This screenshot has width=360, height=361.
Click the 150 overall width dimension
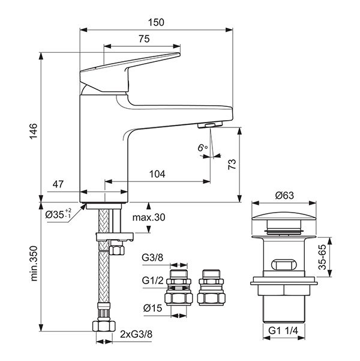pyautogui.click(x=156, y=23)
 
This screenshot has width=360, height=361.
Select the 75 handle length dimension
pyautogui.click(x=144, y=39)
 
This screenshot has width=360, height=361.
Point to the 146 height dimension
pyautogui.click(x=34, y=131)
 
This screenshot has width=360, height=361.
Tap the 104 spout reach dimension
pyautogui.click(x=157, y=174)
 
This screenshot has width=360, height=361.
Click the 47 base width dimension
pyautogui.click(x=58, y=184)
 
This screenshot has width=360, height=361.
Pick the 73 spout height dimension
pyautogui.click(x=232, y=165)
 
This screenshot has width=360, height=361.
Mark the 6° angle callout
pyautogui.click(x=202, y=148)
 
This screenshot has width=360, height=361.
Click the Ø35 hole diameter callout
pyautogui.click(x=58, y=214)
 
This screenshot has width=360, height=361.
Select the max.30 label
pyautogui.click(x=149, y=217)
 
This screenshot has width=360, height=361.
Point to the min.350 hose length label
pyautogui.click(x=34, y=264)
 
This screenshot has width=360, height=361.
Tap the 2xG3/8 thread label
pyautogui.click(x=136, y=335)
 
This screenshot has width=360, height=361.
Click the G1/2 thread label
pyautogui.click(x=153, y=281)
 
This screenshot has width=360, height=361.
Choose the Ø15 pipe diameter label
pyautogui.click(x=152, y=308)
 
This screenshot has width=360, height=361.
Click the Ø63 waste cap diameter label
pyautogui.click(x=284, y=195)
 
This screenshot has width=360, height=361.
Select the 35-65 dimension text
pyautogui.click(x=322, y=257)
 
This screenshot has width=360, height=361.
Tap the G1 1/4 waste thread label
pyautogui.click(x=283, y=331)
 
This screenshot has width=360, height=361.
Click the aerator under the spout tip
pyautogui.click(x=210, y=125)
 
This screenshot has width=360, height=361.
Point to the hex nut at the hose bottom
pyautogui.click(x=104, y=326)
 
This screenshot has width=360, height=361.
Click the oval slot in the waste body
pyautogui.click(x=284, y=264)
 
